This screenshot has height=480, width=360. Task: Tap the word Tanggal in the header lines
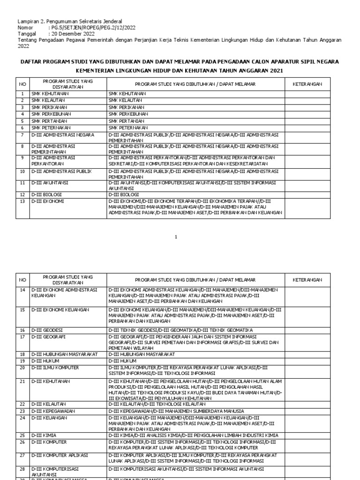point(26,34)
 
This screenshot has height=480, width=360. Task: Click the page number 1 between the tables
point(177,237)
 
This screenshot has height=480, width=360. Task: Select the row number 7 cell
point(22,135)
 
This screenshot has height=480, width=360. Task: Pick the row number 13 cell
point(22,201)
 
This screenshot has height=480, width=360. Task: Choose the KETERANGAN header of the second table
point(307,280)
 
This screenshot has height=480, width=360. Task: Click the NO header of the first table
point(22,84)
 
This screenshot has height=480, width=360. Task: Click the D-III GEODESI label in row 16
point(47,330)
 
